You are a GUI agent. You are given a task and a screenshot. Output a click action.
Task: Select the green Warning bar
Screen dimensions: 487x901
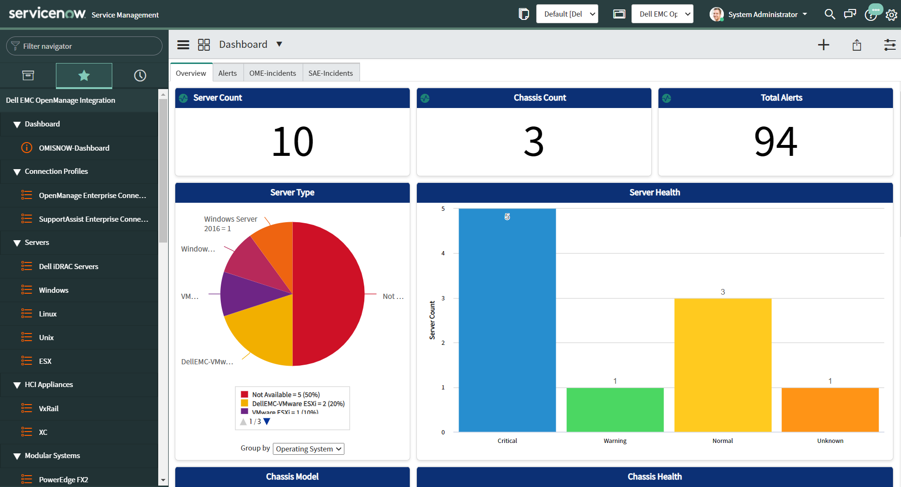[x=615, y=409]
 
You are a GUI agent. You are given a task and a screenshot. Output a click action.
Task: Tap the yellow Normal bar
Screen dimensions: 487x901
[x=722, y=365]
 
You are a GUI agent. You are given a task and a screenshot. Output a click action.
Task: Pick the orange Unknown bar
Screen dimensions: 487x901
[x=830, y=409]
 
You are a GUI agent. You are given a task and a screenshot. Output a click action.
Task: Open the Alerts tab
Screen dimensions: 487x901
[x=227, y=73]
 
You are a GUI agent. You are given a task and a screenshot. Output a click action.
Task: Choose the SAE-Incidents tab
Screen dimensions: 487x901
[x=331, y=73]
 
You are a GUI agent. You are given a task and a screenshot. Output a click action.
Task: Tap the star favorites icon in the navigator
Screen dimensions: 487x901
[x=84, y=75]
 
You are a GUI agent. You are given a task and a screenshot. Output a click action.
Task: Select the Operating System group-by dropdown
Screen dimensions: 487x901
[x=308, y=449]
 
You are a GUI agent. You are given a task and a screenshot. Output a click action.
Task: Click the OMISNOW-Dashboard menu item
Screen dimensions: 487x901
[x=74, y=148]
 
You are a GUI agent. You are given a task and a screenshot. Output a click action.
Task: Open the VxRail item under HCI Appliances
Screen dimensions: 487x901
[x=48, y=408]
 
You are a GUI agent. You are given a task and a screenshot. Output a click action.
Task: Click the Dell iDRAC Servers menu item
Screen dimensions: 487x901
[x=68, y=266]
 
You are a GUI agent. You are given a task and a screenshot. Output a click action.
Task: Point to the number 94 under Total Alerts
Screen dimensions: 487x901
[x=775, y=142]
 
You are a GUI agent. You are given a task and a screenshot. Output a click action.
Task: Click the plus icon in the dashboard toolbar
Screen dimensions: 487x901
[x=823, y=45]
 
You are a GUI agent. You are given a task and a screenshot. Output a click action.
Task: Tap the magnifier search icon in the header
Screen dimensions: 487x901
[x=829, y=14]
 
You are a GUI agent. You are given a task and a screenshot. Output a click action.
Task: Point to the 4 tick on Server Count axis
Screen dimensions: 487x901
[x=443, y=253]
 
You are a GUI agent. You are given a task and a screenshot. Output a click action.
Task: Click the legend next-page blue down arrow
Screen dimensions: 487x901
[x=267, y=422]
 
